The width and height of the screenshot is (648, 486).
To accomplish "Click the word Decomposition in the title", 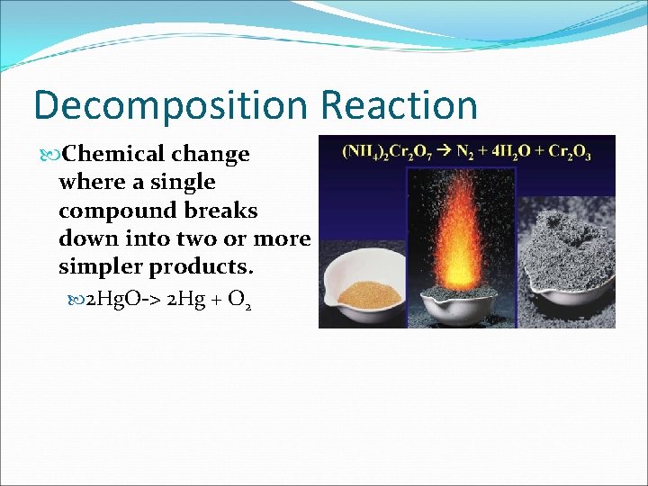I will click(x=171, y=106).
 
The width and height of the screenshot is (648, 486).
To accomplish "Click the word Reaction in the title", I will click(x=399, y=104).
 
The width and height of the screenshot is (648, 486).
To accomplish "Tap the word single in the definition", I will click(x=184, y=182).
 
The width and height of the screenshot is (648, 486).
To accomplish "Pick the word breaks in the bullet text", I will click(x=226, y=211).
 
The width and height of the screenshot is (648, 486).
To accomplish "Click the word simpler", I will click(x=98, y=267).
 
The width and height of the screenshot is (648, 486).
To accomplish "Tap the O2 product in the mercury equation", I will click(x=239, y=302).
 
